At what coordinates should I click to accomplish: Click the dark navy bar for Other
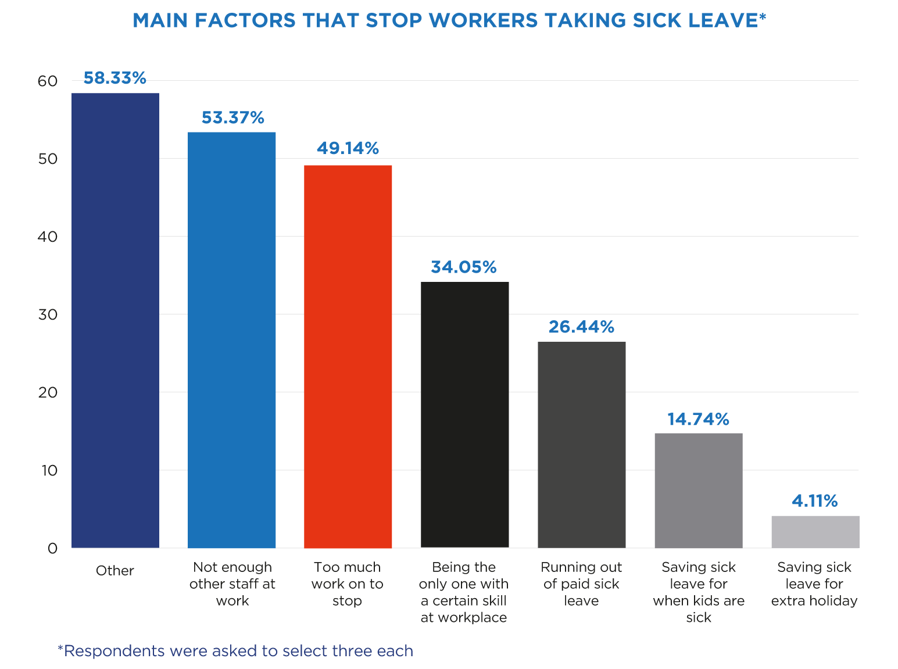click(x=115, y=320)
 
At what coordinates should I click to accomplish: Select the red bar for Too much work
click(x=348, y=356)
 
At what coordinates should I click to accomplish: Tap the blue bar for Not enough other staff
click(x=231, y=340)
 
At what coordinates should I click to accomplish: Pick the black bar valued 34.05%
click(x=464, y=414)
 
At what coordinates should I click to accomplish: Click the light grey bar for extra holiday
click(x=815, y=532)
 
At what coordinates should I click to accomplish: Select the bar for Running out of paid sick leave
click(x=581, y=445)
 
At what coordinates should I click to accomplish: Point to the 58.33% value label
click(x=115, y=78)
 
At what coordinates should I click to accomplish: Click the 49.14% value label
click(x=348, y=148)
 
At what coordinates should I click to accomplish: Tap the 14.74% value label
click(x=697, y=419)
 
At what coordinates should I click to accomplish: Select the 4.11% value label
click(x=814, y=500)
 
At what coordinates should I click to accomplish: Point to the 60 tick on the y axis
click(x=48, y=81)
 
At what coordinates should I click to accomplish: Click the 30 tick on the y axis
click(x=48, y=314)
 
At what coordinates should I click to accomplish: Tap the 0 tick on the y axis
click(x=52, y=548)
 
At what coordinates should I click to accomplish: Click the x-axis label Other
click(x=115, y=571)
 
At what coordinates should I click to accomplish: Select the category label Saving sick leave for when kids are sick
click(x=698, y=592)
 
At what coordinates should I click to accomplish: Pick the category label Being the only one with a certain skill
click(x=464, y=592)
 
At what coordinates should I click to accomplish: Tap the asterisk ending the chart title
click(x=763, y=17)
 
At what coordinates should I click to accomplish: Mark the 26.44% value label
click(x=581, y=327)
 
